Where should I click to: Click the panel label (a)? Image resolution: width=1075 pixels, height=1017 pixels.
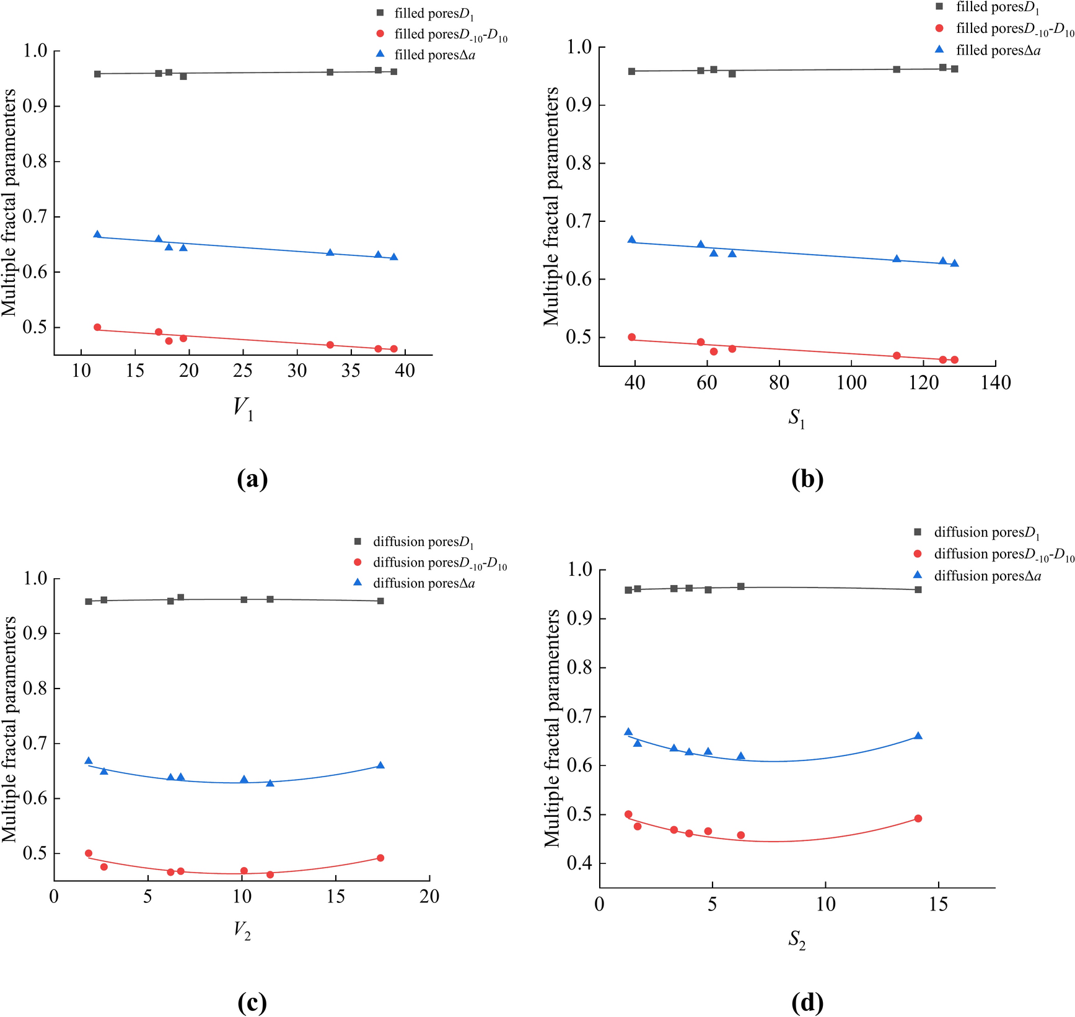(x=252, y=479)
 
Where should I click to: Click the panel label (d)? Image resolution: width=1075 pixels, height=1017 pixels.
(x=807, y=1002)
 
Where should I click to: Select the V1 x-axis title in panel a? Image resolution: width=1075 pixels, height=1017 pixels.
(x=243, y=409)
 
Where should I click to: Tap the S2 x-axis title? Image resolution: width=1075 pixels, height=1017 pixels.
(x=797, y=940)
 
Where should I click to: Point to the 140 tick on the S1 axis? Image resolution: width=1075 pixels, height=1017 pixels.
(x=996, y=382)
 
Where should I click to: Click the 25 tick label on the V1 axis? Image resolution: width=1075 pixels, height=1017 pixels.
(x=243, y=371)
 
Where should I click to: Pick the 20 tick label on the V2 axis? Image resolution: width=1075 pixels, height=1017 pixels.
(x=429, y=896)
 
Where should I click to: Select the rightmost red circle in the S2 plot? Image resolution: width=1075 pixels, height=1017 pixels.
(x=918, y=819)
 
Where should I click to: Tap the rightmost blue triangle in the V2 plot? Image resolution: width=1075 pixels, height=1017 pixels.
(x=380, y=765)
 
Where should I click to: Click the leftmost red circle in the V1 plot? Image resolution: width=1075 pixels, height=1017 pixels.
(x=97, y=327)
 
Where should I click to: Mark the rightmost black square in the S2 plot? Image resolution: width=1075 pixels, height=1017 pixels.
(x=918, y=589)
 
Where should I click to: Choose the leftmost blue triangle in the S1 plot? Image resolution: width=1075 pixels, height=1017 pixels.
(x=631, y=240)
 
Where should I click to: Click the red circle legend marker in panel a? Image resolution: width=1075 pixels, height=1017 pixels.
(x=380, y=34)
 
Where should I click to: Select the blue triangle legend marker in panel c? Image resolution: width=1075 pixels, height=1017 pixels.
(x=358, y=583)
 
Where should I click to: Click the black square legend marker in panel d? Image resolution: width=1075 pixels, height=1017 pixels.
(x=918, y=532)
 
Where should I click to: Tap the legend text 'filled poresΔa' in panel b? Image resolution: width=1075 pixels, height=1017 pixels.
(x=998, y=50)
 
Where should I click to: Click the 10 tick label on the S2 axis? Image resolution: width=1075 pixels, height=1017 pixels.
(x=825, y=904)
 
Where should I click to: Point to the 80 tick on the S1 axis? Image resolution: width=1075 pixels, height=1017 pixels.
(x=779, y=382)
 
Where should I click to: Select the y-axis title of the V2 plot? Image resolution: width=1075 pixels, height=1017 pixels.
(x=9, y=729)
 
